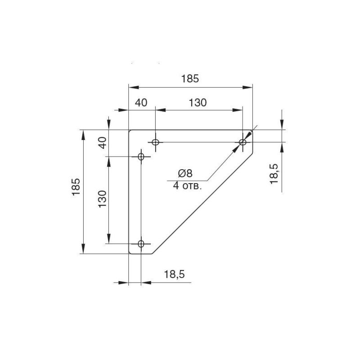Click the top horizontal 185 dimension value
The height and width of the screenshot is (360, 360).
point(190,78)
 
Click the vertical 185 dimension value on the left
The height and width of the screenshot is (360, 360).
point(76,187)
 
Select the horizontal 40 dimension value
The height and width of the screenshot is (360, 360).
point(141,103)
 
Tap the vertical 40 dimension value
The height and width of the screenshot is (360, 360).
point(103,143)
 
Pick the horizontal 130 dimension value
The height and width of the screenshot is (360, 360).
point(198,103)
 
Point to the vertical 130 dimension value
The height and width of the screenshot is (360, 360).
point(103,199)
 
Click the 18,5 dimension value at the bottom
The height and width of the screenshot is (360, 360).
point(174,274)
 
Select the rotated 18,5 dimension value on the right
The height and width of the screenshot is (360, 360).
point(274,174)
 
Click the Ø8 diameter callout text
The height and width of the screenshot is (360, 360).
point(185,173)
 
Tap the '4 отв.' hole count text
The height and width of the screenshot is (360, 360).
point(187,185)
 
